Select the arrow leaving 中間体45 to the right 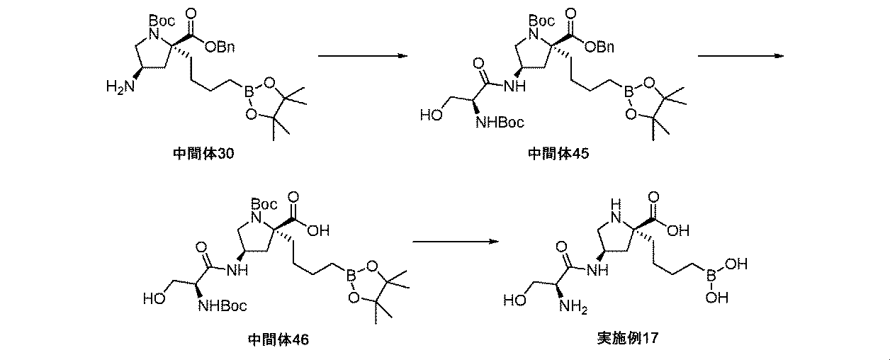tap(740, 55)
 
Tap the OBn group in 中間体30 tap(219, 47)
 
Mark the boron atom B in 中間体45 tap(627, 90)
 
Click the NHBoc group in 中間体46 tap(224, 305)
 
